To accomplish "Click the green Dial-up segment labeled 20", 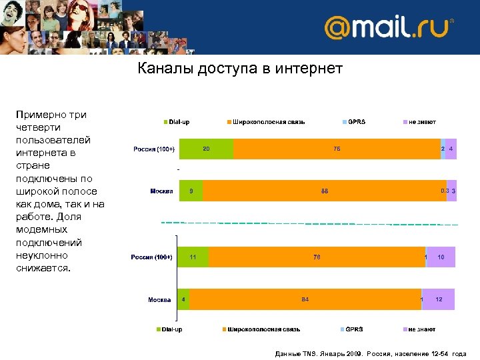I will point(206,149).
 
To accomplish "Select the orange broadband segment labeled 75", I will point(337,149).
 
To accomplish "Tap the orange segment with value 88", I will point(324,191).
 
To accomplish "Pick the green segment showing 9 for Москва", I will point(191,191).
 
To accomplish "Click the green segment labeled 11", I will point(193,257).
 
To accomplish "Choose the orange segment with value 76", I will point(317,257).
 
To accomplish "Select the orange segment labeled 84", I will point(305,299).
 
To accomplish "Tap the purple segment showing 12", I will point(439,299).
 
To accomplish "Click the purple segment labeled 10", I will point(441,257).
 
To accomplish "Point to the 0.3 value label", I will point(444,191).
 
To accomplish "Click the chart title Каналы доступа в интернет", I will point(240,68).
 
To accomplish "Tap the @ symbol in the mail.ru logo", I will point(338,29).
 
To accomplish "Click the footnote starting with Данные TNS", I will point(371,354).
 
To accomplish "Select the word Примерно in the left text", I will point(40,115).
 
